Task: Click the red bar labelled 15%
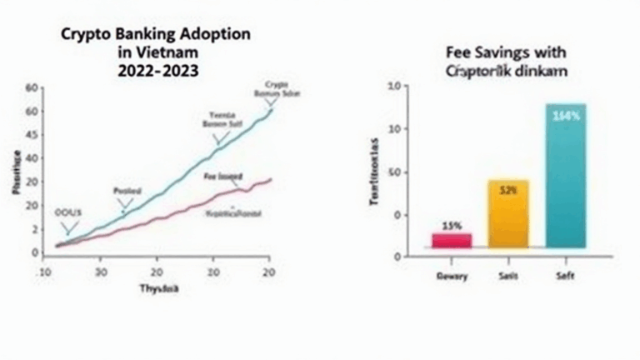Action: point(452,240)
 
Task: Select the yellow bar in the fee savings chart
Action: point(508,214)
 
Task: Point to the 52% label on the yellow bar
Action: point(508,190)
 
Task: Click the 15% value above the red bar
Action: point(451,226)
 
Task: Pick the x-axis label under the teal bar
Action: point(565,274)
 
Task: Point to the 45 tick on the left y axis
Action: point(32,134)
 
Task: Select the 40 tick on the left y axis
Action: point(32,157)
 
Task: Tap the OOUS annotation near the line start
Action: point(68,212)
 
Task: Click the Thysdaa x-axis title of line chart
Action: point(159,290)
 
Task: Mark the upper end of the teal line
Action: point(272,108)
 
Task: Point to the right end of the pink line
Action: point(272,178)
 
